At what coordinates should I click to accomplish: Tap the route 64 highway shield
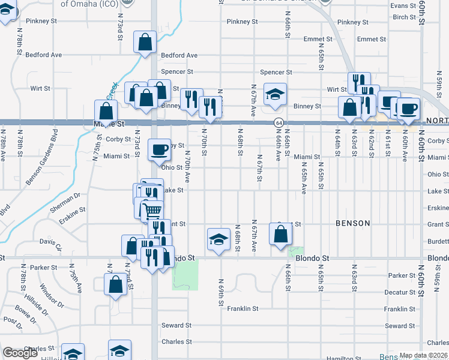click(x=279, y=122)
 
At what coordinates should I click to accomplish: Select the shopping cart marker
click(x=152, y=211)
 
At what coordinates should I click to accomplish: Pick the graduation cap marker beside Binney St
click(x=276, y=94)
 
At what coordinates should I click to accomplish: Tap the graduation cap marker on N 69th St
click(x=218, y=239)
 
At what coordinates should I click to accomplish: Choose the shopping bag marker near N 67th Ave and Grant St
click(x=280, y=234)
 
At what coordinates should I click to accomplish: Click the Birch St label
click(x=404, y=17)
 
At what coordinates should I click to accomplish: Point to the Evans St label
click(x=403, y=5)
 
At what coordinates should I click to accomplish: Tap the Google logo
click(x=20, y=353)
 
